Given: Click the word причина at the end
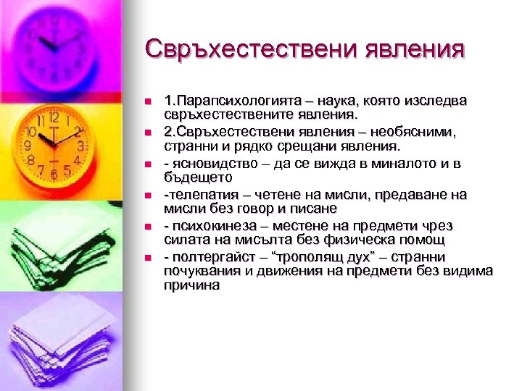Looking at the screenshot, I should tap(192, 285).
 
